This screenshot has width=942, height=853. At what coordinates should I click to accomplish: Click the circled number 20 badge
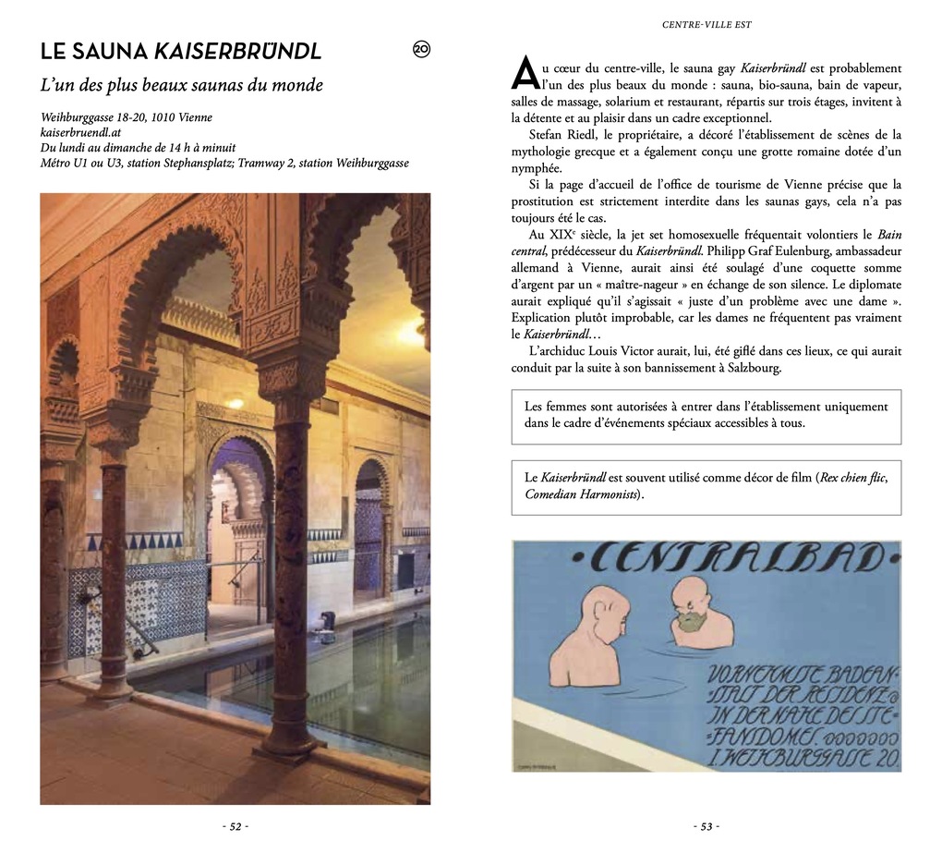[x=421, y=50]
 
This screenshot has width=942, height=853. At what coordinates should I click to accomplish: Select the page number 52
[x=235, y=826]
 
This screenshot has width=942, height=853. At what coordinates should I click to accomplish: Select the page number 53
[x=706, y=826]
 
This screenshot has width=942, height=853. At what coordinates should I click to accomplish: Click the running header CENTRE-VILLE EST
[x=706, y=25]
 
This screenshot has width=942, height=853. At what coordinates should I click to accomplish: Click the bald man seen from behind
[x=591, y=638]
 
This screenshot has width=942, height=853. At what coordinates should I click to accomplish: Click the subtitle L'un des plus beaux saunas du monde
[x=182, y=86]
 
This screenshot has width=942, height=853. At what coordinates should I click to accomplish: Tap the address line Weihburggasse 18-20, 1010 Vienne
[x=127, y=117]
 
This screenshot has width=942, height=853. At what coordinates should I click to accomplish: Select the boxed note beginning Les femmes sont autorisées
[x=706, y=415]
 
